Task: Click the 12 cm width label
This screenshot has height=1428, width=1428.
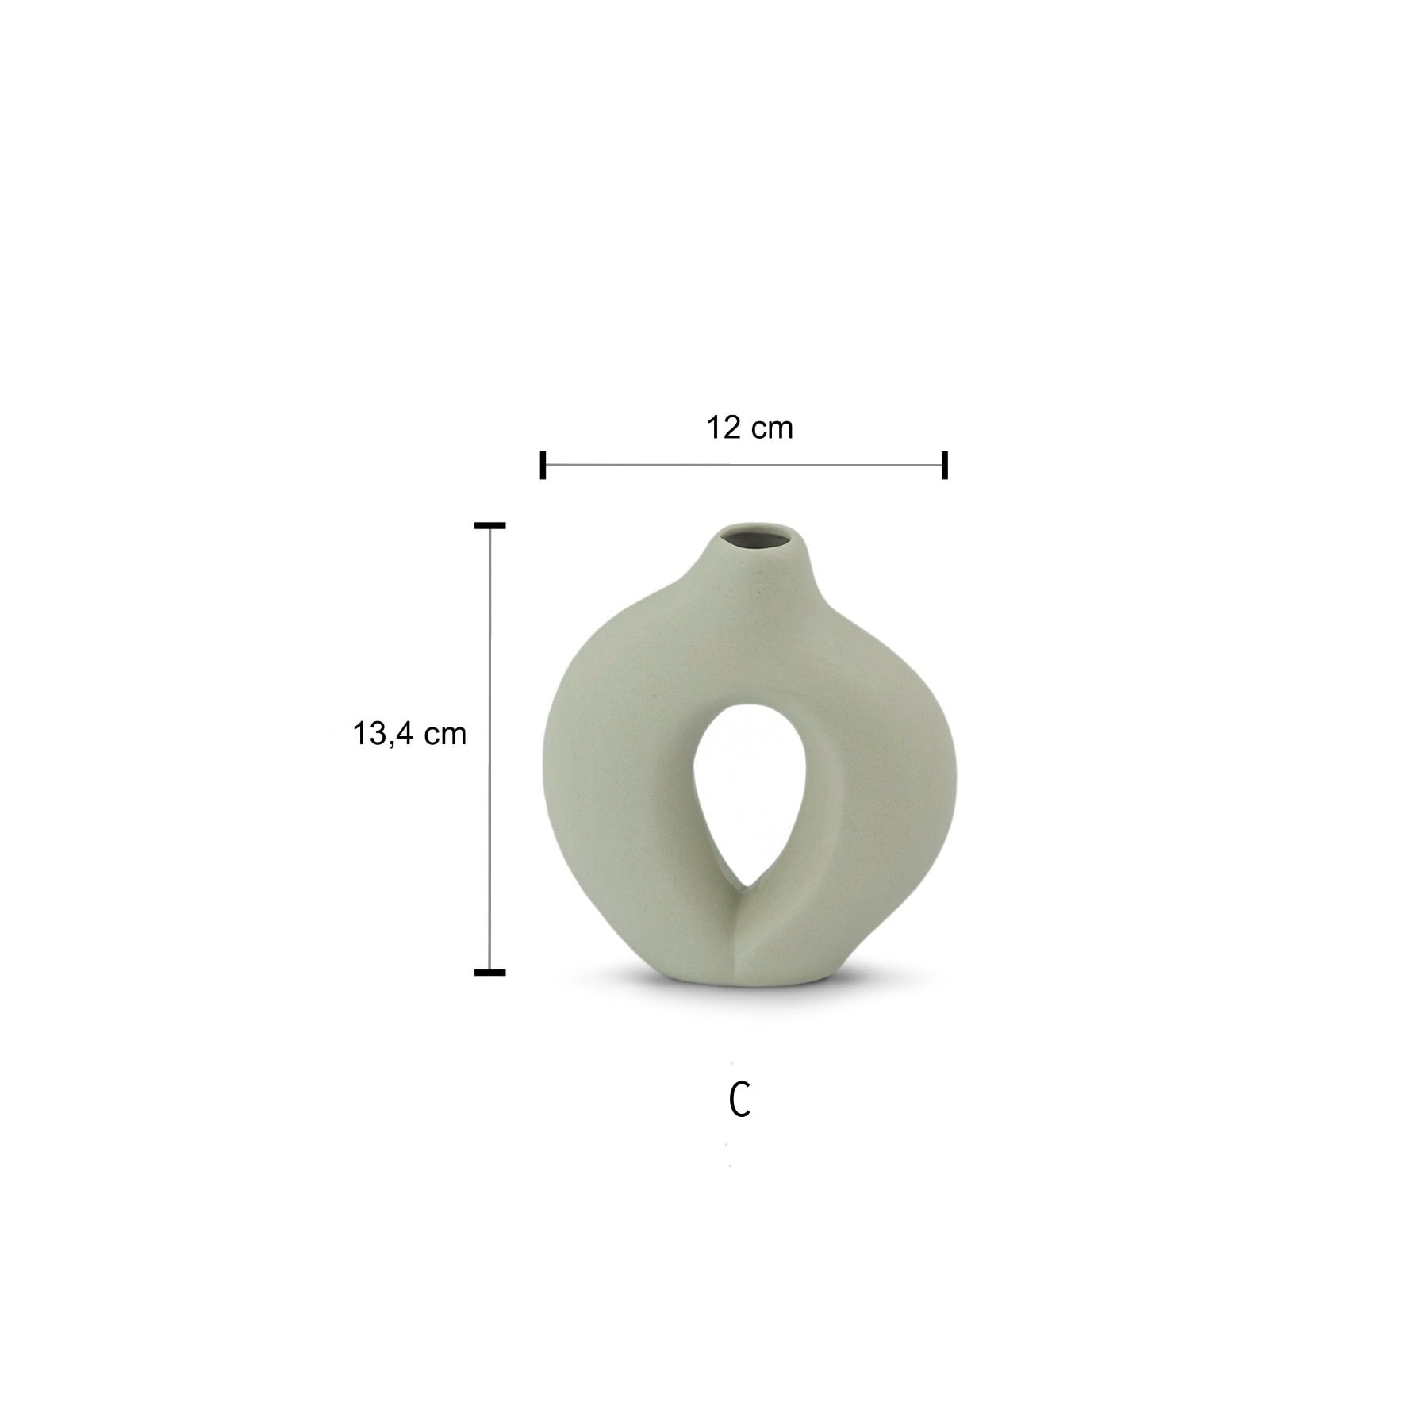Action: click(x=750, y=428)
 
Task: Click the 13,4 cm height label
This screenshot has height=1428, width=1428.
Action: click(x=409, y=734)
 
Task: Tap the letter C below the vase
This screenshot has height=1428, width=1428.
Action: click(x=739, y=1100)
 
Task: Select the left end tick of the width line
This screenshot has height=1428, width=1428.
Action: click(x=543, y=465)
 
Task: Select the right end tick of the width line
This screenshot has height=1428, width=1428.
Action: click(x=945, y=465)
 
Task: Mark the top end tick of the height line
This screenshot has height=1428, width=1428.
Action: click(x=489, y=525)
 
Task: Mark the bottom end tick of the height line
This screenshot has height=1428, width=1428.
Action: click(x=489, y=972)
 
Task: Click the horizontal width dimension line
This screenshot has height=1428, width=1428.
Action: click(x=743, y=465)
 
